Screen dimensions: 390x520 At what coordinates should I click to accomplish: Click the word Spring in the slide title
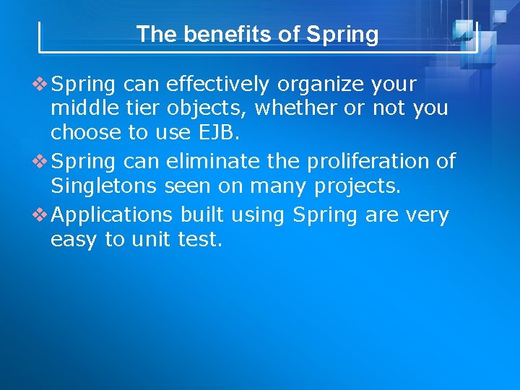[x=342, y=35]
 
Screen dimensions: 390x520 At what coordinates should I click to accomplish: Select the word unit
[x=151, y=240]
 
